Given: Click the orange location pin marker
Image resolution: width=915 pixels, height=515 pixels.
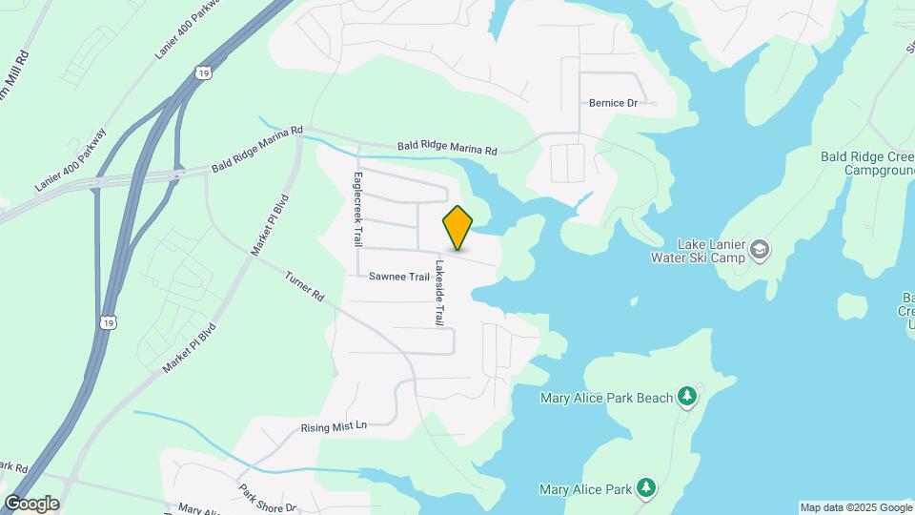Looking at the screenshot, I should [x=457, y=228].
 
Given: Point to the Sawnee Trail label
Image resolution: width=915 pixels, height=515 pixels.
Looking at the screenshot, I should [x=399, y=277].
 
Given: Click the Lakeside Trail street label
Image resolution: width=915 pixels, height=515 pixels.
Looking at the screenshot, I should [x=439, y=294].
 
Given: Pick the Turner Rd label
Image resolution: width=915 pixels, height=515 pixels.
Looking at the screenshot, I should [x=305, y=285].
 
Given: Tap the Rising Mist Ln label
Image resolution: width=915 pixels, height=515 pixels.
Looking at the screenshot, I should [x=334, y=426].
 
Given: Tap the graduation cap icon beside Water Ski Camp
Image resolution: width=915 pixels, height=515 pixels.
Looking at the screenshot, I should [x=760, y=250].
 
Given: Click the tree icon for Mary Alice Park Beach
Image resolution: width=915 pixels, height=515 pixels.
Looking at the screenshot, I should [x=685, y=396].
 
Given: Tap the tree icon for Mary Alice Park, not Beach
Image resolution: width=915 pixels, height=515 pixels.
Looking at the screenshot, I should [x=646, y=489].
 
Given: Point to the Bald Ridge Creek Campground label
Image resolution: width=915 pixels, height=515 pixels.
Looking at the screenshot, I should [x=866, y=162].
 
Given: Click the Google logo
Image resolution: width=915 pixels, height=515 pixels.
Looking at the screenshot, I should [x=31, y=503].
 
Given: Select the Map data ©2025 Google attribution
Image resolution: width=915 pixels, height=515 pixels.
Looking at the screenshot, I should [x=856, y=507].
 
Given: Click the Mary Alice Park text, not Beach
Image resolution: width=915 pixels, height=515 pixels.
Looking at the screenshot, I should [x=585, y=490].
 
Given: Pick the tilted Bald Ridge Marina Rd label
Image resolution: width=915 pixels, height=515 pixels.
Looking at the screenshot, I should [x=256, y=150].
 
